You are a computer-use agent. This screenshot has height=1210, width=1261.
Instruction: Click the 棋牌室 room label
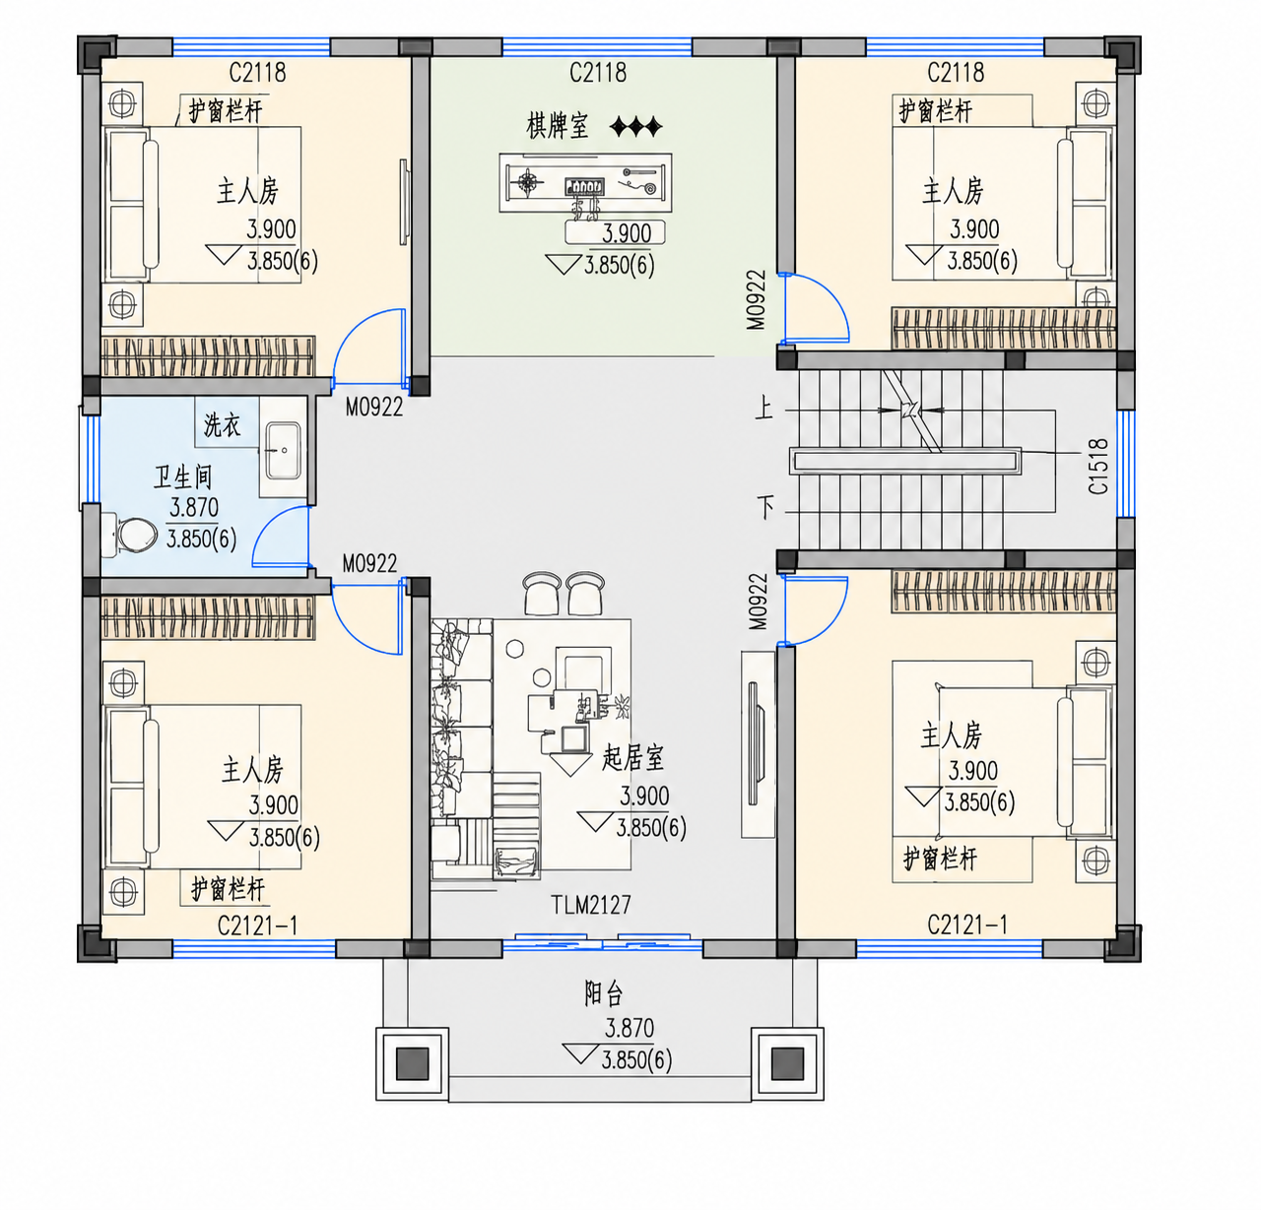coord(558,126)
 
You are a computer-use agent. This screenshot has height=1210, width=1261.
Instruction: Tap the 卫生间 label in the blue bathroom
coord(182,478)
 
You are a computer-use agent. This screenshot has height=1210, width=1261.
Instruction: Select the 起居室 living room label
coord(632,757)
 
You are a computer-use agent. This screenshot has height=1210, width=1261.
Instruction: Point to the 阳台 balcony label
coord(603,994)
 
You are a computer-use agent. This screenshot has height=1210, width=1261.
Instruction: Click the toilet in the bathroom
coord(131,535)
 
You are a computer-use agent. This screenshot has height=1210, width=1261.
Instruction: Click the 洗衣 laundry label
coord(223,425)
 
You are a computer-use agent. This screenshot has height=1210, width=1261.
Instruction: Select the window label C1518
coord(1098,467)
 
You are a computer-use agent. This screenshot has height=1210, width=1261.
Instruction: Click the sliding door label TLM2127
coord(591,905)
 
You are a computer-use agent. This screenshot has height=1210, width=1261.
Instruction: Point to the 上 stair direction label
coord(764,408)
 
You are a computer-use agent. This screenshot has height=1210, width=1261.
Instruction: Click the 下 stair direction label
coord(765,506)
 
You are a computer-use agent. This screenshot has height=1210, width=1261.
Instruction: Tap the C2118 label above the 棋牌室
coord(598,73)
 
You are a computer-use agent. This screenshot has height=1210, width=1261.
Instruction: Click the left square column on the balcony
coord(412,1063)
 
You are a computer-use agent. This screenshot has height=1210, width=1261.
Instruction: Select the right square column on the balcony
coord(787,1063)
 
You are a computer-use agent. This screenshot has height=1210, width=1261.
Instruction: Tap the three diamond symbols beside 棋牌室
coord(635,126)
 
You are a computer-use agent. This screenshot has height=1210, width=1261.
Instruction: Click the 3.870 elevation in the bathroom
coord(194,508)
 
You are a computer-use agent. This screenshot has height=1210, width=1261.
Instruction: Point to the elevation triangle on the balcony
coord(580,1053)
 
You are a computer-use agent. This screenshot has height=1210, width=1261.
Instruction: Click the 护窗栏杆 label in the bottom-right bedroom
coord(940,859)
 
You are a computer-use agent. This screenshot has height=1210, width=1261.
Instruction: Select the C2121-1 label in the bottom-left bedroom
coord(257,926)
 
